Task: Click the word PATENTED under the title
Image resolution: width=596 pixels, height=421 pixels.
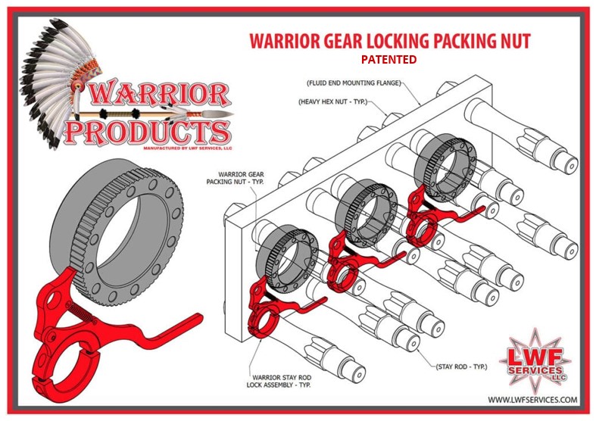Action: click(388, 60)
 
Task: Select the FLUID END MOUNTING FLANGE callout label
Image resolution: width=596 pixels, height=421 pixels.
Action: click(354, 83)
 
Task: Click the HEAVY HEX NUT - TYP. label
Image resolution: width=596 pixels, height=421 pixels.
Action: click(333, 101)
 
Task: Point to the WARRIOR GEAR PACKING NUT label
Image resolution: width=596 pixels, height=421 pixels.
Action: click(236, 178)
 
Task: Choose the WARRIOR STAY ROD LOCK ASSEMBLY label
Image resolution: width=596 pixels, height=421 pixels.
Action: click(279, 381)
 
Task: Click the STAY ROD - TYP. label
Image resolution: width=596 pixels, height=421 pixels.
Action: click(461, 366)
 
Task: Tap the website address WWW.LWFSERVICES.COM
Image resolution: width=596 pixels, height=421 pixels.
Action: click(532, 400)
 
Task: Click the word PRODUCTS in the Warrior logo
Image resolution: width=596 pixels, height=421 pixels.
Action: click(148, 133)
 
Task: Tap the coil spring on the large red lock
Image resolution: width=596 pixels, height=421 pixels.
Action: click(82, 313)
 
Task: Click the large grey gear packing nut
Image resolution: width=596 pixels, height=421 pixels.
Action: click(117, 232)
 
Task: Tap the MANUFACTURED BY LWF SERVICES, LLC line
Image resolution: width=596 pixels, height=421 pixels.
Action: click(188, 148)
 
